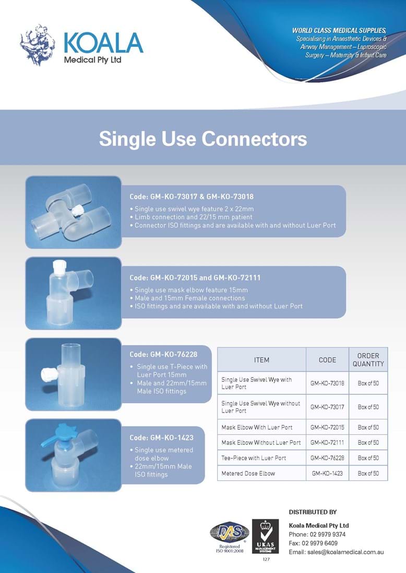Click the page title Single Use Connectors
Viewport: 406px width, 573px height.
coord(203,139)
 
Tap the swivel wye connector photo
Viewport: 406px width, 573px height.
coord(73,212)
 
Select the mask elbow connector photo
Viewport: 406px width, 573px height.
coord(73,294)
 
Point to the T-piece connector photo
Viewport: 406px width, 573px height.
coord(73,374)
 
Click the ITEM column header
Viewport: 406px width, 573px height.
coord(261,359)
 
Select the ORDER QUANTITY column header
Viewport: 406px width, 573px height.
coord(368,359)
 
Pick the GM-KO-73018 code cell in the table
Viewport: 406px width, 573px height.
coord(327,383)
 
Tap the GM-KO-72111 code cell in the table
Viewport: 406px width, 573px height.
coord(327,443)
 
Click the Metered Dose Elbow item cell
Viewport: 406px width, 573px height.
coord(248,473)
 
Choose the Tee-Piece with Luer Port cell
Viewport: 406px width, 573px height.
coord(254,458)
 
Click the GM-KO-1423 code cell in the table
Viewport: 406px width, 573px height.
coord(327,473)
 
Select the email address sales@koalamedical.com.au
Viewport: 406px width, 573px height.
coord(337,552)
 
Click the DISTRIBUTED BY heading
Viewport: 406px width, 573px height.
coord(313,512)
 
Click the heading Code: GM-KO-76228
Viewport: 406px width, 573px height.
coord(163,354)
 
